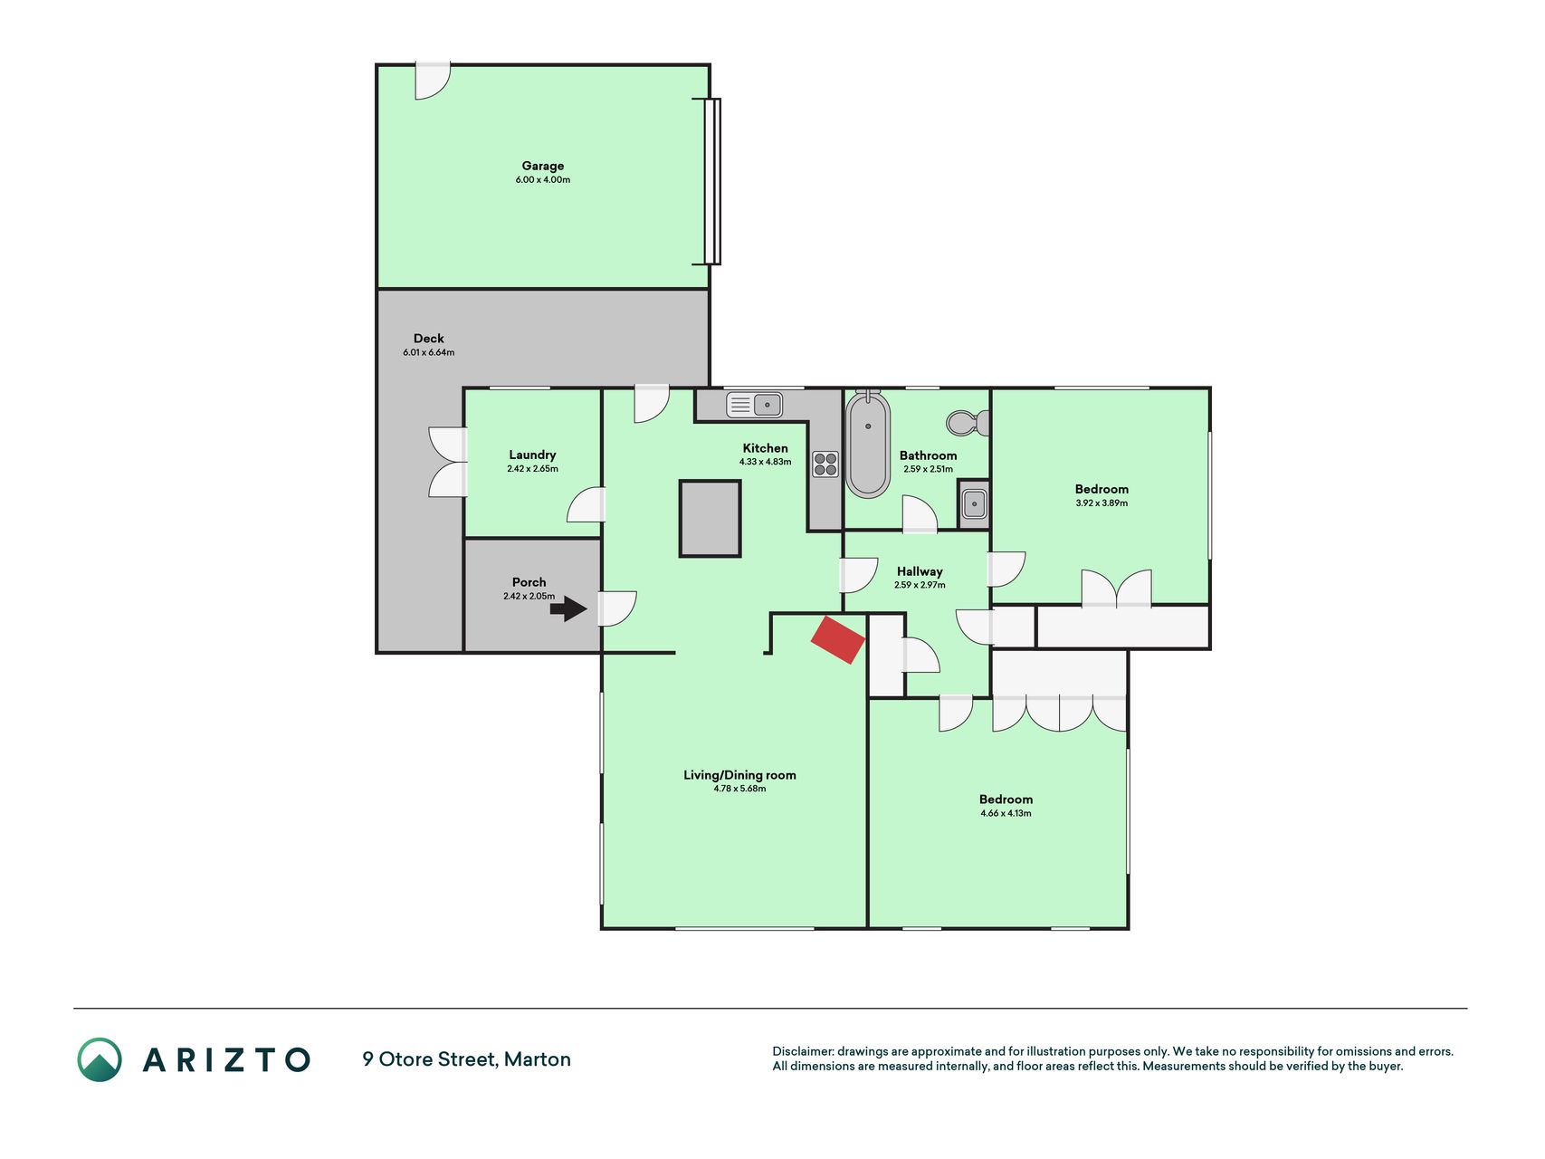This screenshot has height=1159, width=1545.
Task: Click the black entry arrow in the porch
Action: coord(568,608)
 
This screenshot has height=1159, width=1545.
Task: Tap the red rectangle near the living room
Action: coord(838,640)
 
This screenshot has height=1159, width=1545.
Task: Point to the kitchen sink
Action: coord(754,404)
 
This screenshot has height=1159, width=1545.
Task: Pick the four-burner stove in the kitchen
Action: coord(825,465)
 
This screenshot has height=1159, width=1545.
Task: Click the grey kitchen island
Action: coord(711,518)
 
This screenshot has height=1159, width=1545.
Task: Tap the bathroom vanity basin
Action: coord(974,503)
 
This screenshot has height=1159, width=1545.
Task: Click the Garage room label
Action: coord(543,166)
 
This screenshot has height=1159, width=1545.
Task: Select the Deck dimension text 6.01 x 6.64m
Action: coord(429,352)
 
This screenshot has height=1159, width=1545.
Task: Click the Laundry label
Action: coord(532,455)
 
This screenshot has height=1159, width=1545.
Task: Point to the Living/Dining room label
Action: coord(739,775)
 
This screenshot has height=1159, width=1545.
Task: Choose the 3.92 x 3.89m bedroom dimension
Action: coord(1102,503)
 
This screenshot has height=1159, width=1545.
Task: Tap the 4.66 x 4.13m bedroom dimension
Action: coord(1006,813)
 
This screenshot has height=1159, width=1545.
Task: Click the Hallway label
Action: coord(920,571)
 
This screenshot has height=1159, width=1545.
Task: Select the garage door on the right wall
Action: coord(712,181)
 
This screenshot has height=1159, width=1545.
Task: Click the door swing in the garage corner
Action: coord(433,81)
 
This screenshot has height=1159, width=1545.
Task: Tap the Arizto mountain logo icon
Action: coord(100,1059)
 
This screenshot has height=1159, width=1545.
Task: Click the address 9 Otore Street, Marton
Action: coord(466,1059)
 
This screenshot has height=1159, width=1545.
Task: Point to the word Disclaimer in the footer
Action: coord(802,1051)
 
